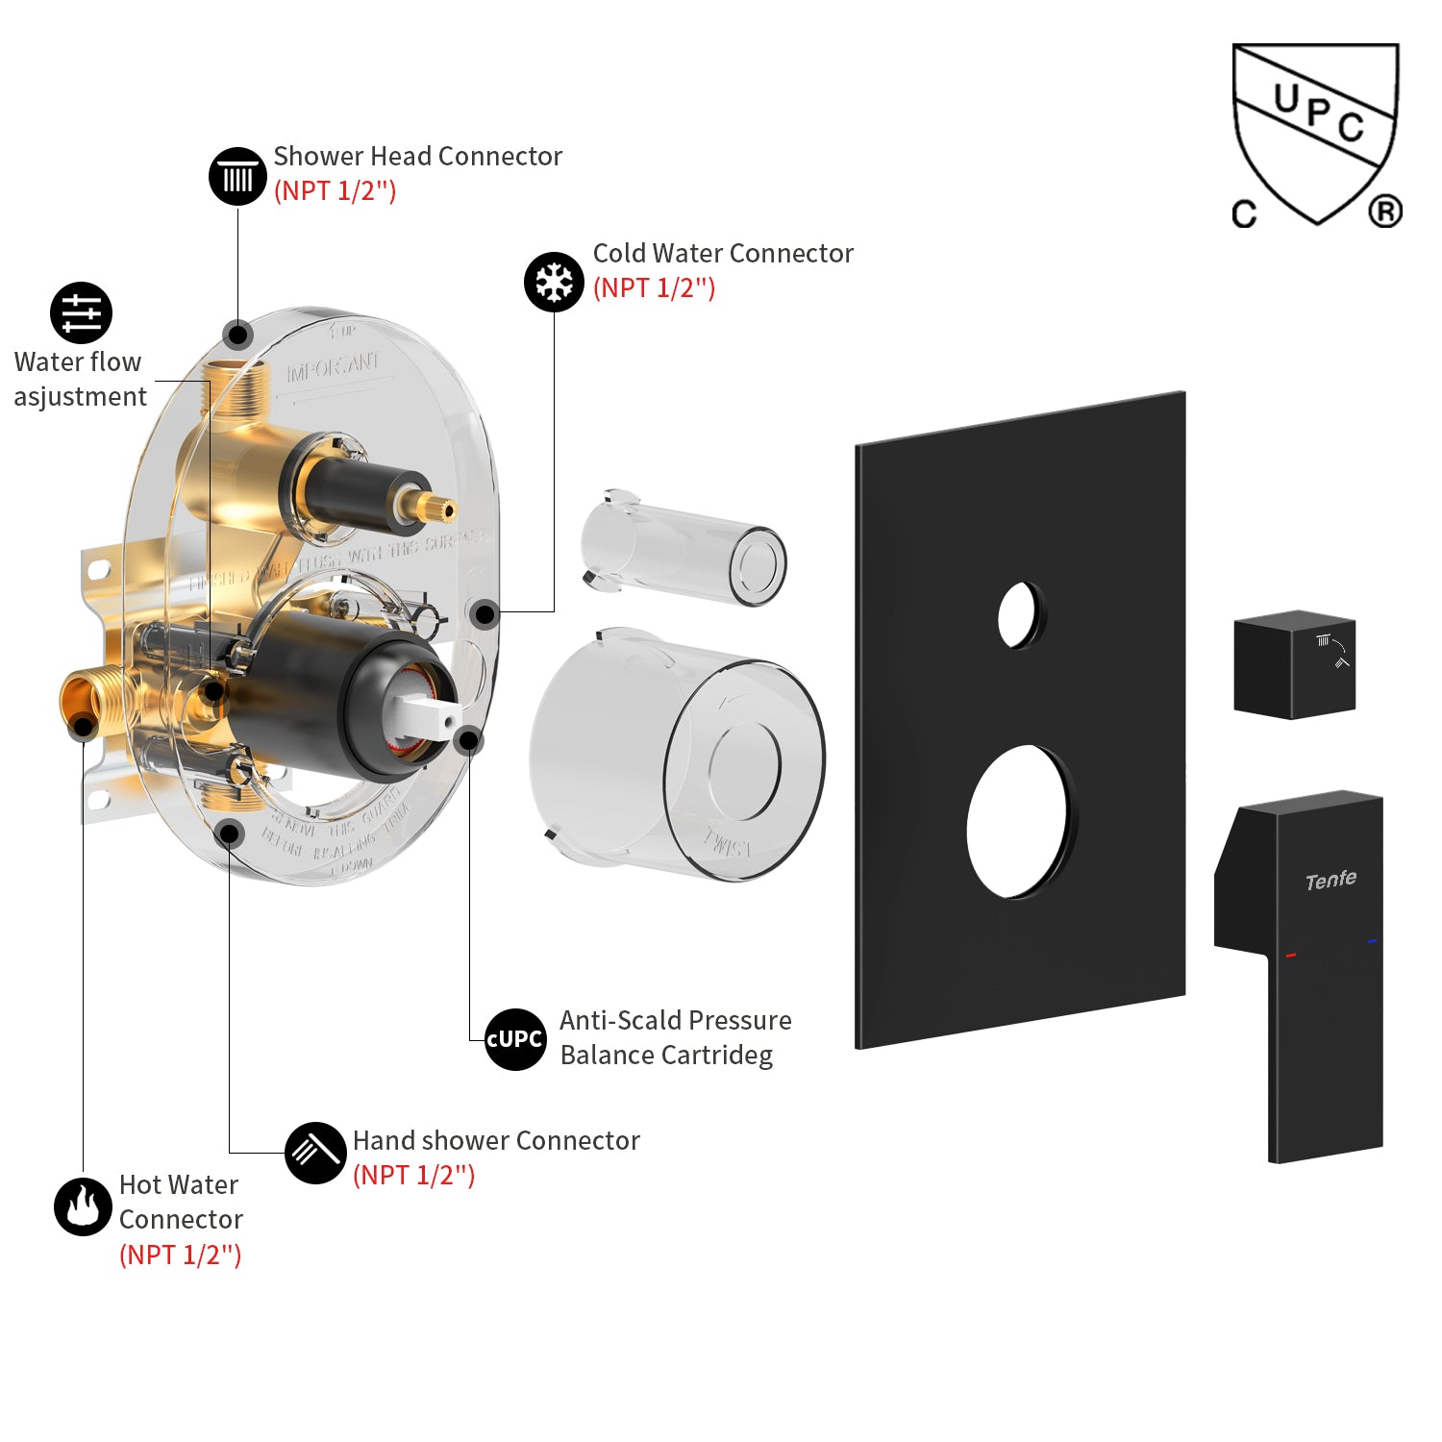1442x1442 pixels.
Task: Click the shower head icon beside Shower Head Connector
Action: (237, 177)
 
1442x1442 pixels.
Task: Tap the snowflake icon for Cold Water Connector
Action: (554, 283)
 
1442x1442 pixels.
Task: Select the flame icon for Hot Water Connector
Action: (83, 1206)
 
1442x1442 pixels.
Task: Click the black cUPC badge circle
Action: (515, 1039)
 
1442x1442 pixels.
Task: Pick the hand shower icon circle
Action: (315, 1153)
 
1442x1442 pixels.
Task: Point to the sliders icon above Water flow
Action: (81, 312)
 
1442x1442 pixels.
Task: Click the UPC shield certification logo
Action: (1316, 135)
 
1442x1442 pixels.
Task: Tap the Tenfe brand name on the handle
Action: (1330, 880)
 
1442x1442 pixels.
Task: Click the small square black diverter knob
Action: (1294, 664)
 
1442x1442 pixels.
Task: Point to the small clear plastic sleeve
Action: (683, 550)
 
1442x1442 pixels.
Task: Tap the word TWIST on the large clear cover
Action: (728, 843)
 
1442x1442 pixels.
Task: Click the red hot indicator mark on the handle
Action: (1291, 955)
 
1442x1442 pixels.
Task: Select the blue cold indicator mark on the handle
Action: (1372, 941)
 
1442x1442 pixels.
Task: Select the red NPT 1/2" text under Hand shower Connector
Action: (413, 1175)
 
